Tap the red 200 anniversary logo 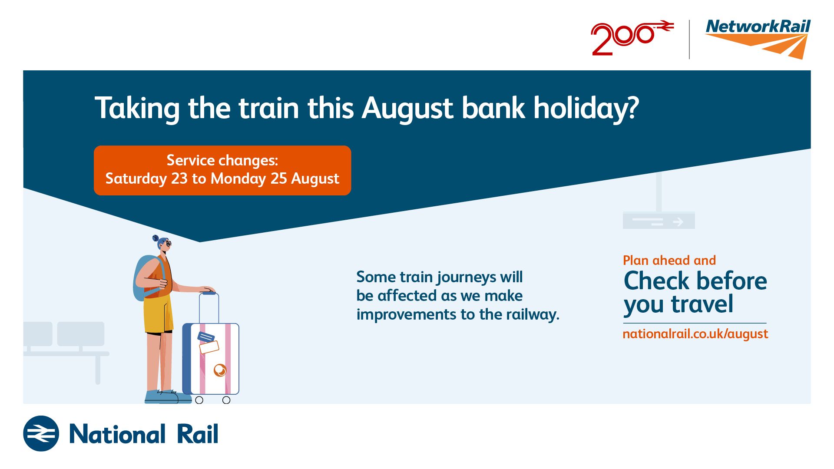point(632,38)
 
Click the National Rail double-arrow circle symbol point(41,433)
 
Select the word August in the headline point(407,109)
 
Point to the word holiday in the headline point(586,109)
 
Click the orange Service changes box point(222,170)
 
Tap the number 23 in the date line point(179,178)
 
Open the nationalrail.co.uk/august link point(695,334)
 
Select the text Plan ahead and point(669,260)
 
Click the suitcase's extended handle point(209,307)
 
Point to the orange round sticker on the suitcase point(220,370)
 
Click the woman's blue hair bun point(156,238)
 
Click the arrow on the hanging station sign point(678,222)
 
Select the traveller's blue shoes point(168,397)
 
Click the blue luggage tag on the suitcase point(206,337)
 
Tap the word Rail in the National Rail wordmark point(198,434)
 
